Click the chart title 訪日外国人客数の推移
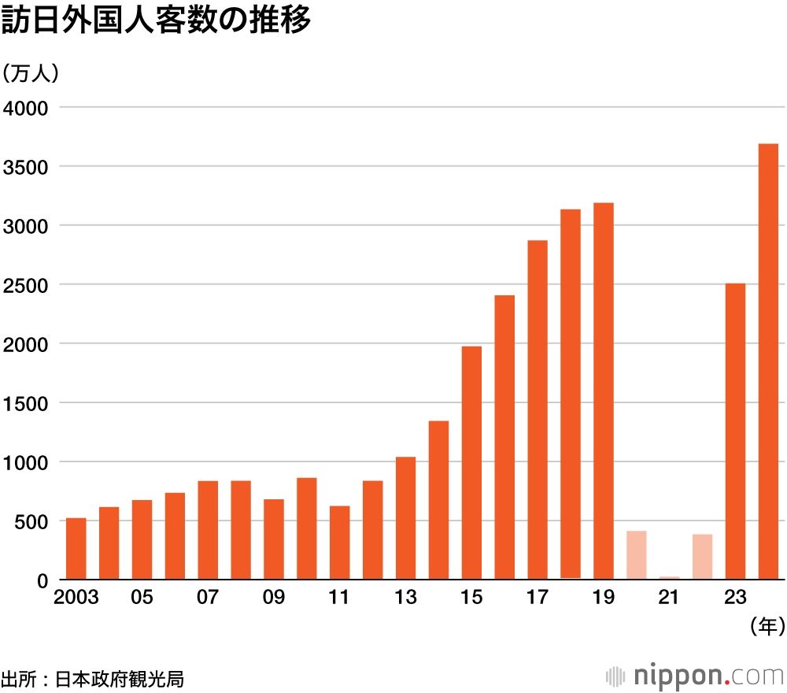tap(156, 21)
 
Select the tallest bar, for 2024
tap(768, 361)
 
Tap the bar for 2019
tap(604, 391)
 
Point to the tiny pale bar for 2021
tap(669, 578)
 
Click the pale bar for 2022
tap(702, 557)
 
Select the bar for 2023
tap(735, 432)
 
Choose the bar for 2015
tap(471, 463)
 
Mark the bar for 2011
tap(339, 543)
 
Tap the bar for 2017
tap(538, 409)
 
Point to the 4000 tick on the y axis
tap(27, 107)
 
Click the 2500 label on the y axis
tap(27, 284)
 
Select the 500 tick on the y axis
tap(32, 521)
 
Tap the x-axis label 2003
tap(76, 598)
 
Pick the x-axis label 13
tap(405, 598)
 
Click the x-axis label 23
tap(735, 598)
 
